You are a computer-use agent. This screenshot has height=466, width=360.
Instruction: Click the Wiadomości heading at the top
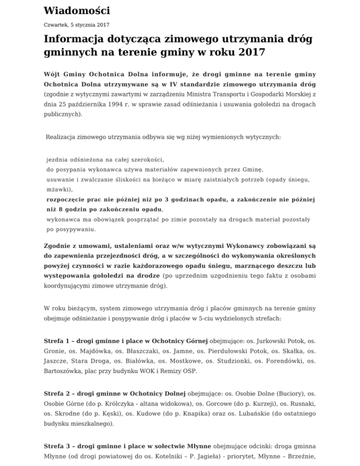coord(77,10)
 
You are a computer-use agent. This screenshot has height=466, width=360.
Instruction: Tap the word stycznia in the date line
coord(81,24)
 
